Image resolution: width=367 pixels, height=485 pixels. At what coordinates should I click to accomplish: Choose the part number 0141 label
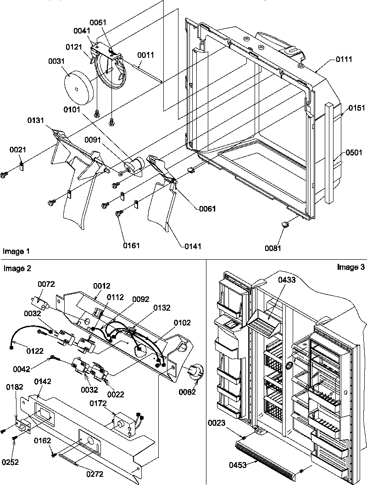click(x=192, y=246)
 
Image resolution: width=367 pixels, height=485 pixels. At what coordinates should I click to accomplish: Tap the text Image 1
click(x=16, y=251)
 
